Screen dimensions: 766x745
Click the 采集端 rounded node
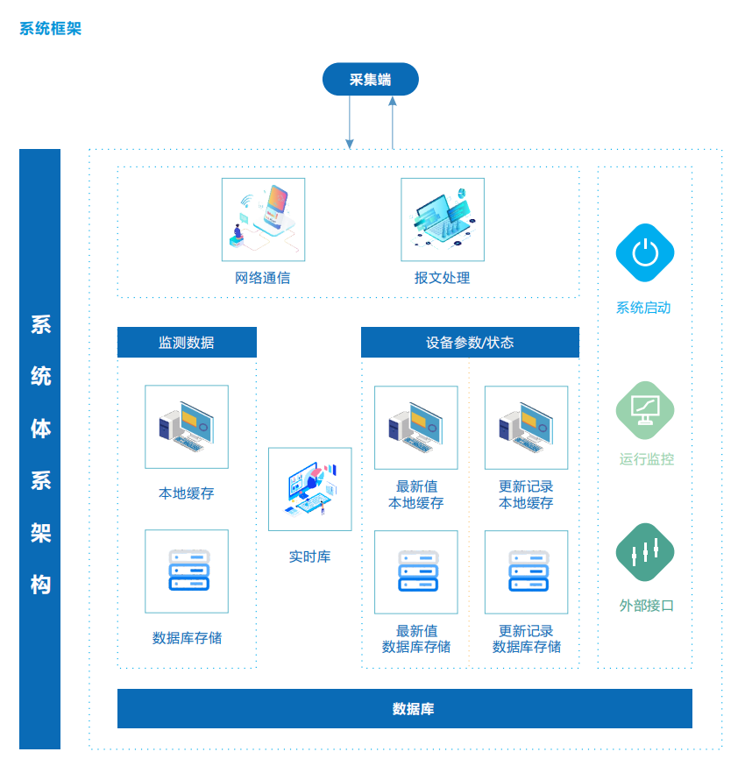pos(370,79)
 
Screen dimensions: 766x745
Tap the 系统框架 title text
pos(50,29)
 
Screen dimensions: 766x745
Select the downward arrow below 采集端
pos(350,123)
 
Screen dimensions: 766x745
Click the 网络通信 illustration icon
pos(263,219)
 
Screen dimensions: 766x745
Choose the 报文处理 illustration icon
pos(443,219)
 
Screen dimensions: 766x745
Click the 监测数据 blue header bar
pos(187,343)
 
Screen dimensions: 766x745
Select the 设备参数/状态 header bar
pos(470,343)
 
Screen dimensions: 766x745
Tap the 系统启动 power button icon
pos(644,253)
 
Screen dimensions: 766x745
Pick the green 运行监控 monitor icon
pos(645,409)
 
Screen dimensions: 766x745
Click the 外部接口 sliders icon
pos(645,552)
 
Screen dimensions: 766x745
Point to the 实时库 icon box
pos(309,489)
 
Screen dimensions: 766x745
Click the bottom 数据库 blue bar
pos(404,708)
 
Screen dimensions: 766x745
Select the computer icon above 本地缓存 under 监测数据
pos(187,427)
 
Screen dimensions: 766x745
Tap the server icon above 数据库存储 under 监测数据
pos(187,571)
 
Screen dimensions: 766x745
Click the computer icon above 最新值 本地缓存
pos(415,428)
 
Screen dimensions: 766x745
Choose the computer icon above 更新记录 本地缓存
pos(526,428)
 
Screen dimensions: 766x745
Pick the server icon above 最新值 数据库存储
pos(415,571)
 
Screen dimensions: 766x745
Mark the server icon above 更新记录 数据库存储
pos(526,571)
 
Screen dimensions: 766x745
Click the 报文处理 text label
pos(443,278)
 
